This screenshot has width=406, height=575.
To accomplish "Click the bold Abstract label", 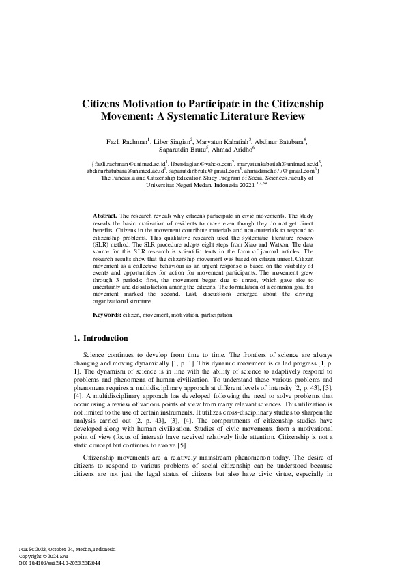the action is [105, 215].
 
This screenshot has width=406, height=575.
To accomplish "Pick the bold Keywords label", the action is [107, 315].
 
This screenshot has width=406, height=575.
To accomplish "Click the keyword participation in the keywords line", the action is [214, 315].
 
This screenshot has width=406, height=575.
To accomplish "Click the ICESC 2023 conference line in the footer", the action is [67, 550].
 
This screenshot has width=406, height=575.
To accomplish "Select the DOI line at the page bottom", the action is [59, 562].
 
